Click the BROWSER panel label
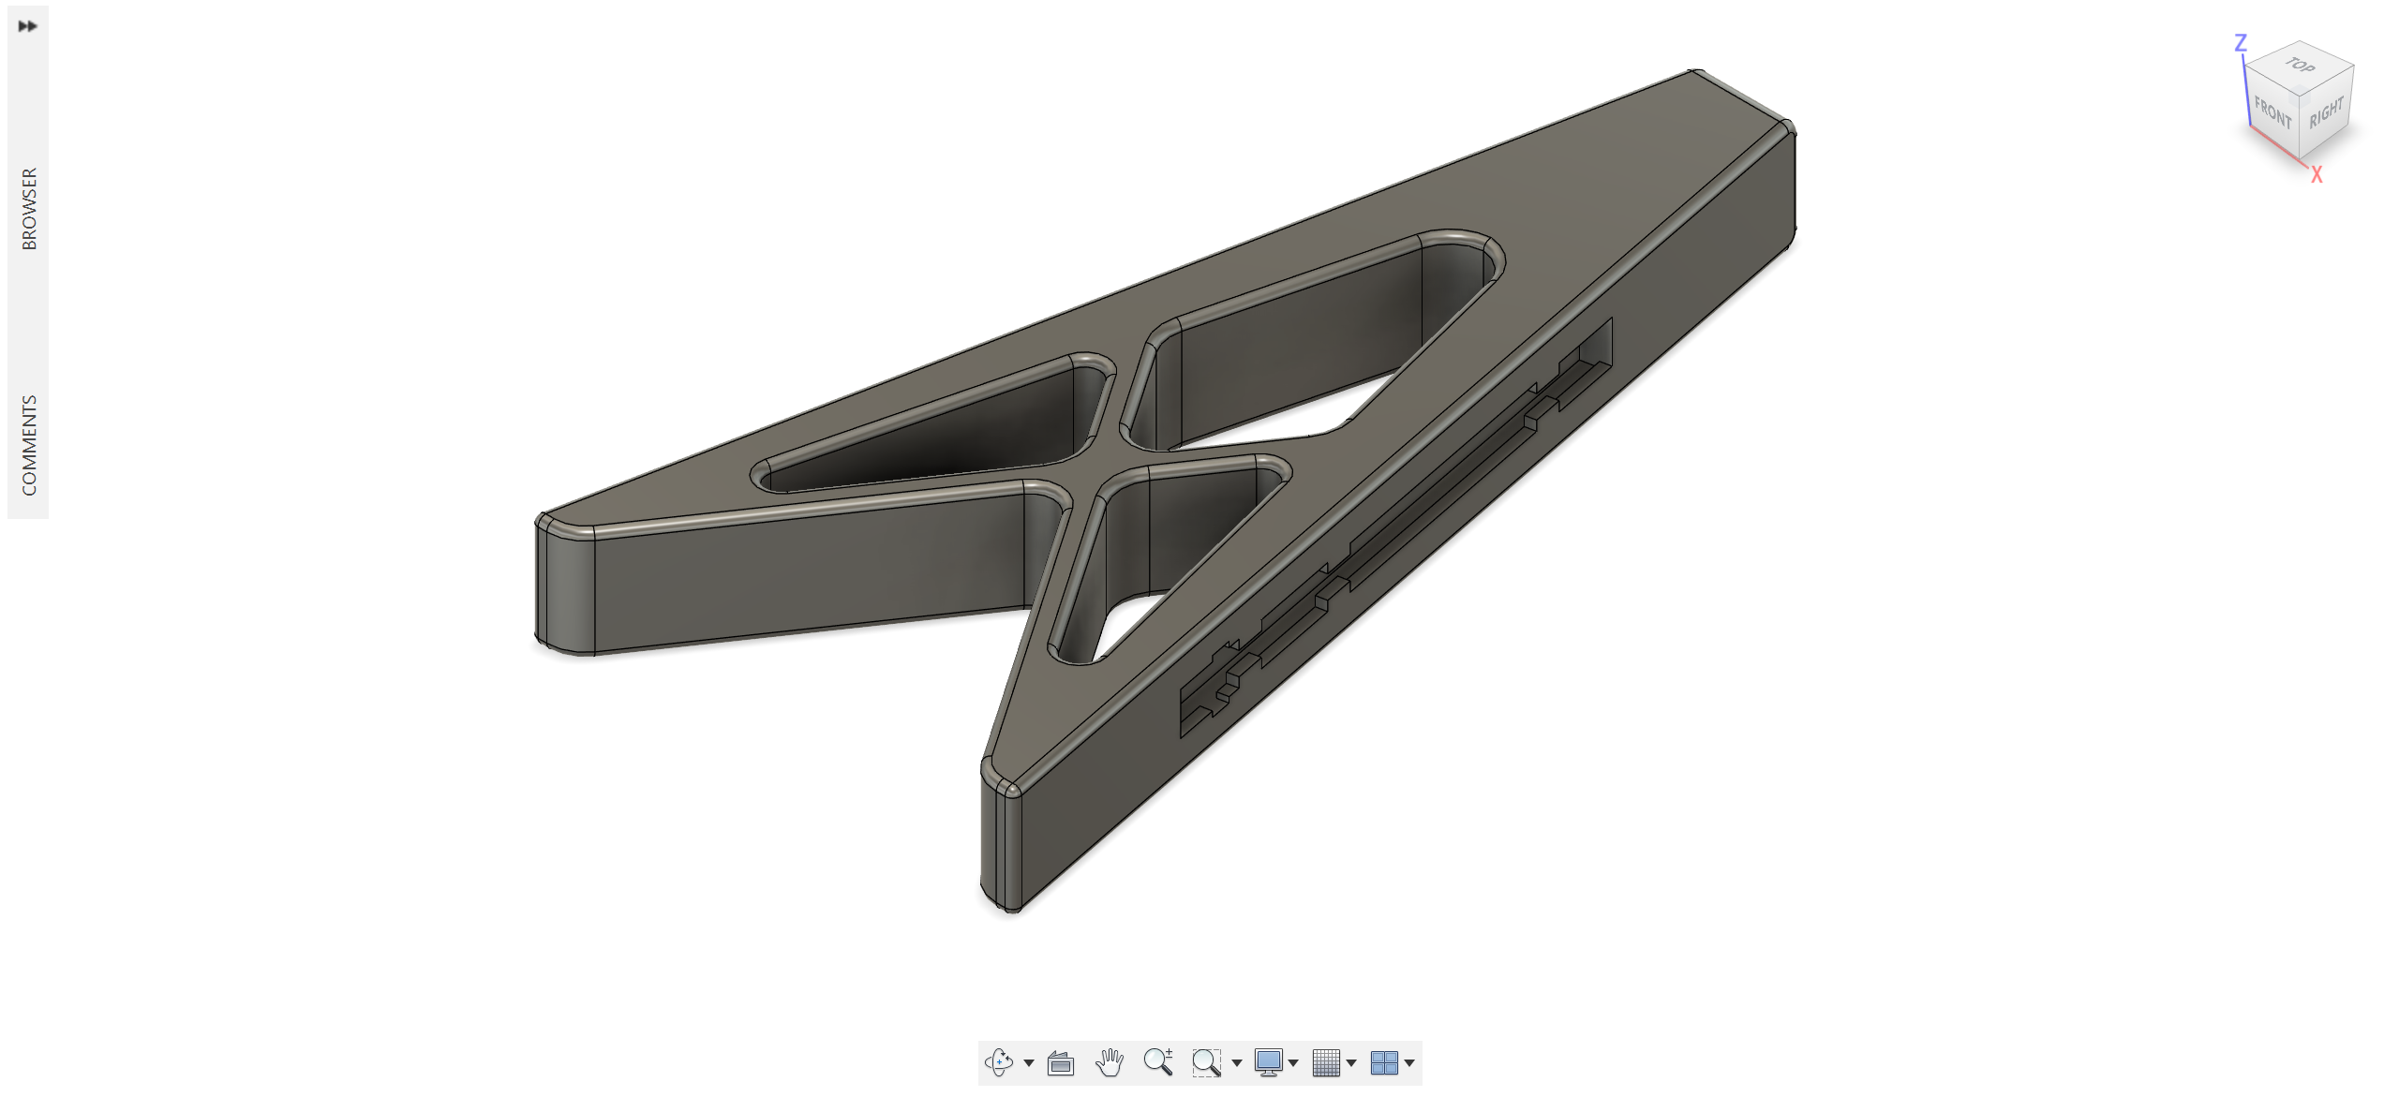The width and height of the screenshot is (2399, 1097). (x=29, y=208)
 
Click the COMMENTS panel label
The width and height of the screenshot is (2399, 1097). (x=29, y=444)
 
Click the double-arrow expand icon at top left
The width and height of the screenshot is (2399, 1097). (x=27, y=26)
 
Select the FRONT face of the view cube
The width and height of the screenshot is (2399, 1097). (x=2272, y=113)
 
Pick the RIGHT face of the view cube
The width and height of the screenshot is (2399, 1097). (x=2325, y=112)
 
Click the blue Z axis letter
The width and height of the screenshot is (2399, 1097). (x=2240, y=43)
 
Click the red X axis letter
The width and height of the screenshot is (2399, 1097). (x=2316, y=175)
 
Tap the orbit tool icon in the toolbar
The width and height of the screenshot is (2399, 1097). (x=999, y=1061)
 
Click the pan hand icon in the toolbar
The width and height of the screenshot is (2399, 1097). (x=1109, y=1061)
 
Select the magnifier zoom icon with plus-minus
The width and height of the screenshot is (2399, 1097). (x=1157, y=1061)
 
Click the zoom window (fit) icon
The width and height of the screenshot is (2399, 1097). (x=1206, y=1061)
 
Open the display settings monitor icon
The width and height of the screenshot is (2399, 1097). (x=1268, y=1061)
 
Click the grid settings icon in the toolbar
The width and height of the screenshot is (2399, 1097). (x=1326, y=1061)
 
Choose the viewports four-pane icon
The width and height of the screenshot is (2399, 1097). (x=1384, y=1061)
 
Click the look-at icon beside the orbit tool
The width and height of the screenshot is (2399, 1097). (x=1060, y=1062)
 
